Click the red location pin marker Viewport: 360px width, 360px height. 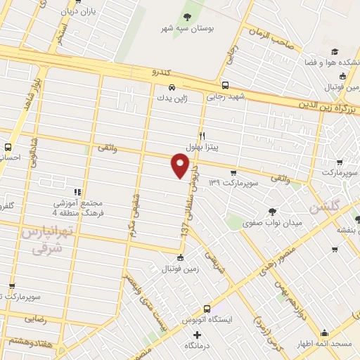(x=181, y=166)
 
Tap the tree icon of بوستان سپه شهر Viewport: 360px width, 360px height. (x=188, y=17)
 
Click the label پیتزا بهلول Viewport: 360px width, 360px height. (x=202, y=146)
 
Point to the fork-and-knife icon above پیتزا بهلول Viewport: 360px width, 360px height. (x=202, y=136)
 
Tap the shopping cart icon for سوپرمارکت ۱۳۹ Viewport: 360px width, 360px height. (x=233, y=172)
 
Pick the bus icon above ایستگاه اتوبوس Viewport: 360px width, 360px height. (x=207, y=309)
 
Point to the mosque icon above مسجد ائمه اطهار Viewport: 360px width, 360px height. (x=324, y=333)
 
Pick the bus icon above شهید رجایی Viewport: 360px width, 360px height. (x=224, y=86)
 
